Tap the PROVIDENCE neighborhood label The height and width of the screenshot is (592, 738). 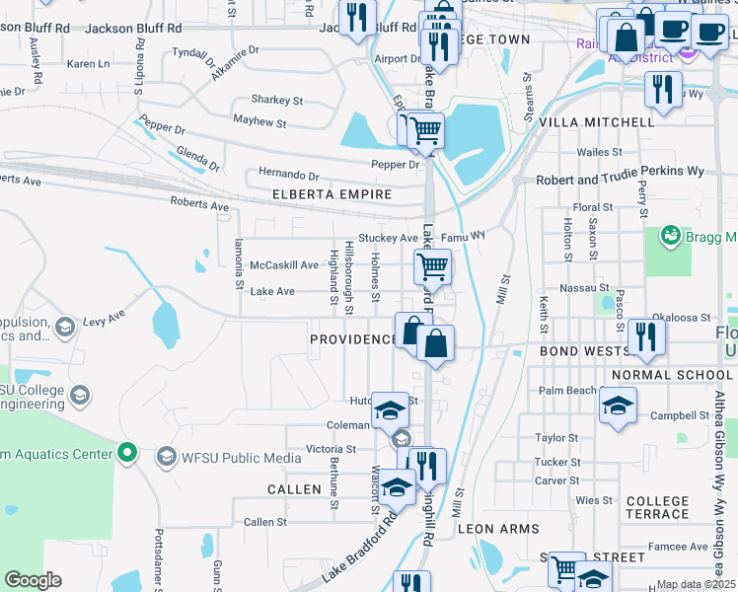(x=352, y=339)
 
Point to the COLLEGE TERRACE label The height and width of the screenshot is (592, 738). (x=657, y=508)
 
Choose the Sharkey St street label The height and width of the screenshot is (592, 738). (x=276, y=100)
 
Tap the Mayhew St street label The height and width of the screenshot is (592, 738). (x=259, y=123)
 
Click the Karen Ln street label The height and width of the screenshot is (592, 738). (x=88, y=64)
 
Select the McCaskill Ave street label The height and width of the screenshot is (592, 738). (x=284, y=265)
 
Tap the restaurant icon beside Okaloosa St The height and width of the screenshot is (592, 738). (x=646, y=335)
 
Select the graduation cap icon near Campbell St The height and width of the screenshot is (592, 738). (x=618, y=406)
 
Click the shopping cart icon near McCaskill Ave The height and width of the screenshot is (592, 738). (x=432, y=265)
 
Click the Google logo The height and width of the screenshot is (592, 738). (x=33, y=580)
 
